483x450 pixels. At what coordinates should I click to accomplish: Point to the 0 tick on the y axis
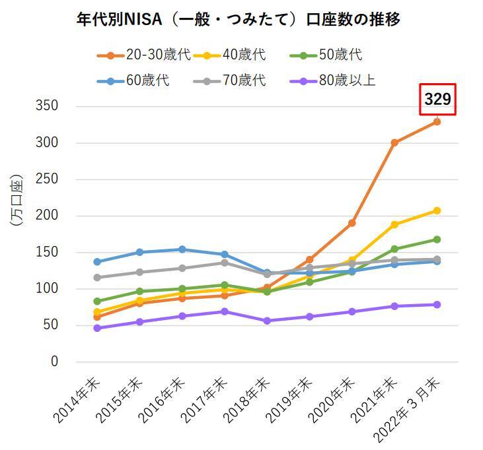(54, 362)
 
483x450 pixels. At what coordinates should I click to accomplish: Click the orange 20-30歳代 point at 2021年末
(394, 143)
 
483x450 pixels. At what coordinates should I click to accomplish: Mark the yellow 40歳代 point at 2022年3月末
(437, 210)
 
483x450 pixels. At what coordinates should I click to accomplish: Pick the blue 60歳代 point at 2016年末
(182, 249)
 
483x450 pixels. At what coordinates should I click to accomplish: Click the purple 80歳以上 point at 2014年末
(97, 328)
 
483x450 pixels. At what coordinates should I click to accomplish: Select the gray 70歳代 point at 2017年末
(225, 263)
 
